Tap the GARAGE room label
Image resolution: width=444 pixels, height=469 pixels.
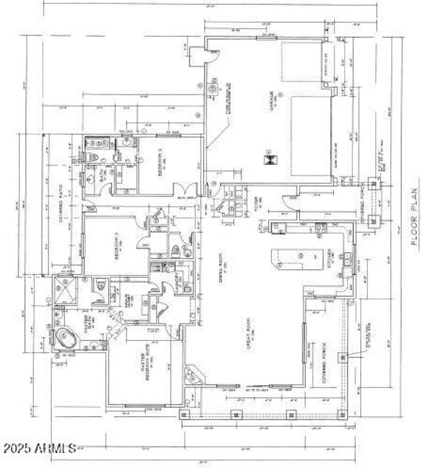(272, 102)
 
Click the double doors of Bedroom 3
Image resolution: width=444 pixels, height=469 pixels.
(184, 189)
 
